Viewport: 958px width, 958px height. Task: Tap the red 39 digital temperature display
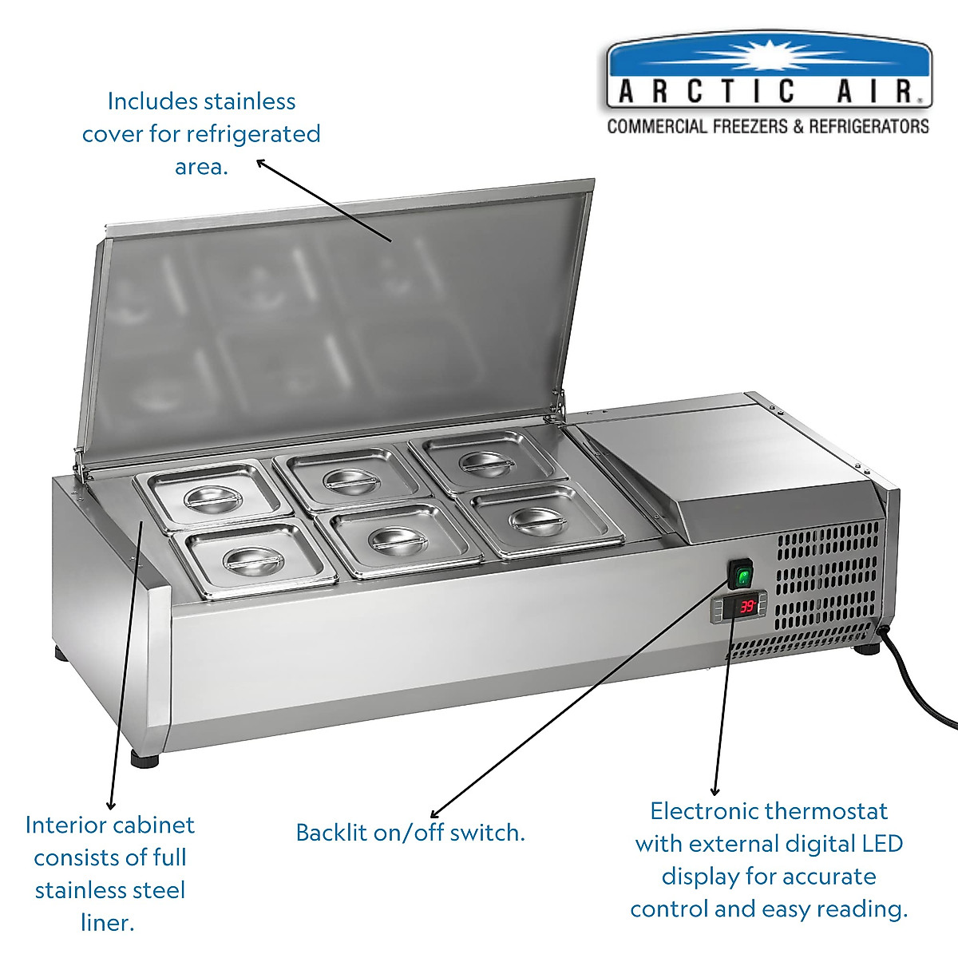(747, 607)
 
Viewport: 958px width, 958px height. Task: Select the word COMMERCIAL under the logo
(656, 126)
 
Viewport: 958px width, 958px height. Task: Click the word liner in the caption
(108, 923)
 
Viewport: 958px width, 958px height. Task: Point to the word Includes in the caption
(152, 101)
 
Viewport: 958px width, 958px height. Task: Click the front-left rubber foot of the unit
(144, 758)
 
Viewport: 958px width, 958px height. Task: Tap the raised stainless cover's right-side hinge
(552, 413)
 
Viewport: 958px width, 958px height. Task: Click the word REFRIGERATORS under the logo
(869, 126)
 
